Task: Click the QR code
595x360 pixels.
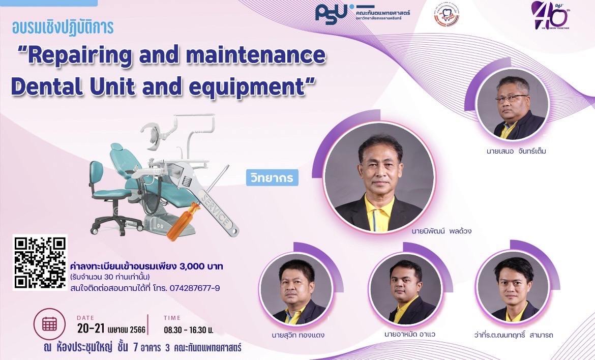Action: click(40, 262)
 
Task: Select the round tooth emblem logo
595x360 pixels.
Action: click(446, 15)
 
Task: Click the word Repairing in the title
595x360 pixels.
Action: click(91, 55)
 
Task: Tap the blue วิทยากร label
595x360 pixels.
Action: click(273, 178)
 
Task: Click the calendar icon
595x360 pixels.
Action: click(49, 323)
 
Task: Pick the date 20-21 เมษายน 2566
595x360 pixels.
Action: click(111, 329)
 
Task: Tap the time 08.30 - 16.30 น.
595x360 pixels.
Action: click(188, 329)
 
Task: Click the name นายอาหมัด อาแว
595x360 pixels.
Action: click(403, 335)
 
